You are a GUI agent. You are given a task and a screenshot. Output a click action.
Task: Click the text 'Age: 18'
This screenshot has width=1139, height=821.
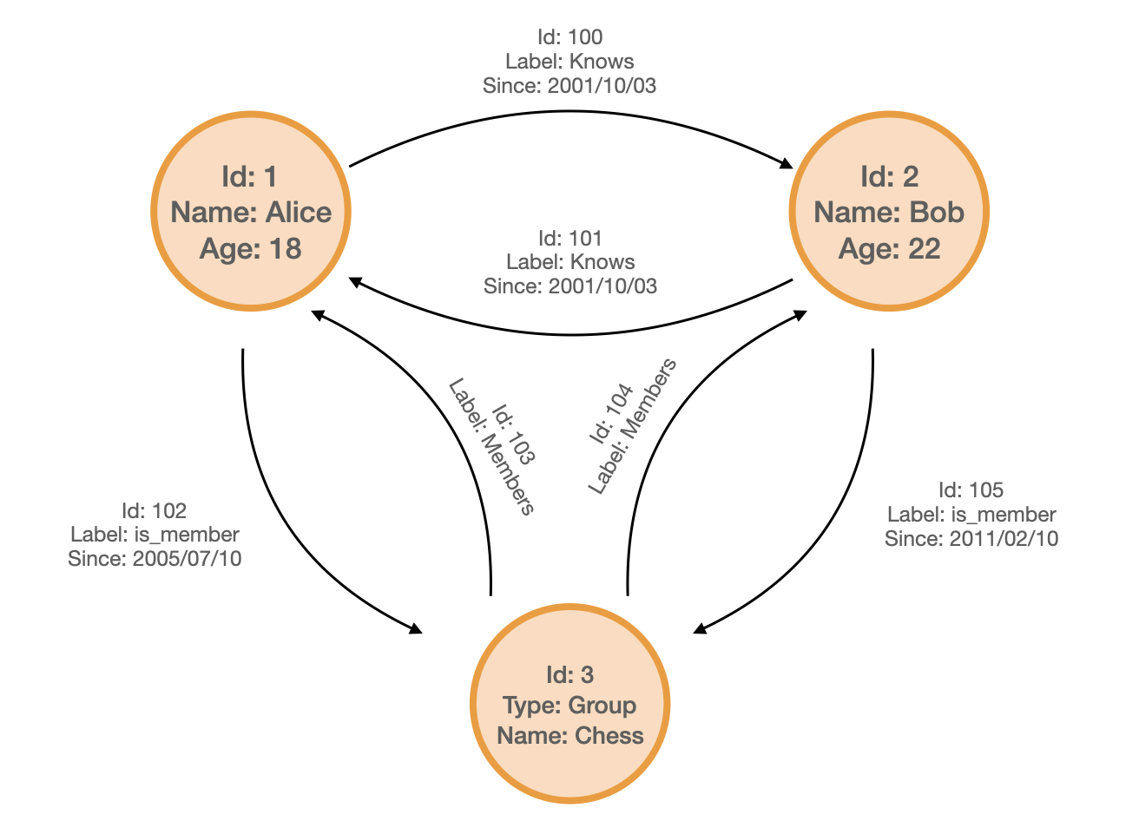click(251, 249)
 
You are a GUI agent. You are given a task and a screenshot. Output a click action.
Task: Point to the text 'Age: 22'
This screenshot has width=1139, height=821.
click(889, 249)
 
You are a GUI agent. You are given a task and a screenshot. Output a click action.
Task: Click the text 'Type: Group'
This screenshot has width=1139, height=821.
click(569, 706)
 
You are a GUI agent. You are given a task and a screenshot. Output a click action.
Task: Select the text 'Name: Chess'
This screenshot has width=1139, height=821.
click(569, 736)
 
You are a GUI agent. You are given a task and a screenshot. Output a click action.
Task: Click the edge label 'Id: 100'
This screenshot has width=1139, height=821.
click(569, 37)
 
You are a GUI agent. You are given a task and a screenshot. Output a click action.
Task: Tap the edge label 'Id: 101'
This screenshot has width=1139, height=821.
click(569, 238)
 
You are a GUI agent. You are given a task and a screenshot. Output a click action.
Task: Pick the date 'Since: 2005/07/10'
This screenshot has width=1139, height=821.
click(155, 559)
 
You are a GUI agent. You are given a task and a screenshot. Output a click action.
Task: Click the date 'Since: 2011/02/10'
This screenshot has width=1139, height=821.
click(971, 539)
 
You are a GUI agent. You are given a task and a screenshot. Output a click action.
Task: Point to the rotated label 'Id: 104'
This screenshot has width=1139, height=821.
click(611, 415)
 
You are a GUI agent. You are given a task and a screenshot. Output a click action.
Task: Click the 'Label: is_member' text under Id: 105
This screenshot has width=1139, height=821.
click(971, 515)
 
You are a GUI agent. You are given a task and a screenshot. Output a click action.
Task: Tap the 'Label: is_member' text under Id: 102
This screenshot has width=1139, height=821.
click(155, 535)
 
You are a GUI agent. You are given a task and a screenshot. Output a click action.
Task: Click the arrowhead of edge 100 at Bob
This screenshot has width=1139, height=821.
click(786, 163)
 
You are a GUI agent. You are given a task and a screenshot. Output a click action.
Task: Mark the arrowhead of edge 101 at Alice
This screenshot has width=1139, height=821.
click(355, 281)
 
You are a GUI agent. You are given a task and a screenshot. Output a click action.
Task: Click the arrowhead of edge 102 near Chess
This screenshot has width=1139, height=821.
click(416, 628)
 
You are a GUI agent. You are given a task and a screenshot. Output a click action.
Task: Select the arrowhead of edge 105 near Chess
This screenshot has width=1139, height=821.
click(700, 629)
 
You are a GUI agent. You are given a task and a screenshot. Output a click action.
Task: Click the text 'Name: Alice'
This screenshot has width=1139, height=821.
click(251, 213)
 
